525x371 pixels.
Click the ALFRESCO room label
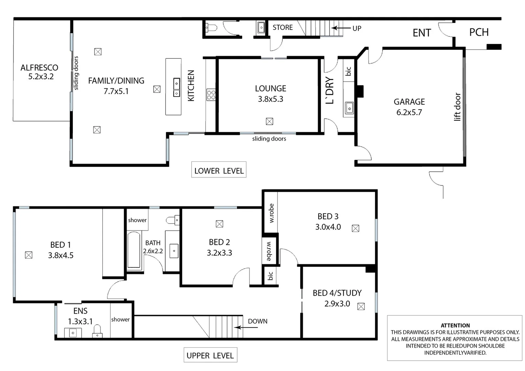point(39,68)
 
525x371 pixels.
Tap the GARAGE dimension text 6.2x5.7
point(409,112)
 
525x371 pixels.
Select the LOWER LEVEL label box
point(219,171)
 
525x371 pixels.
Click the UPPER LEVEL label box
point(210,356)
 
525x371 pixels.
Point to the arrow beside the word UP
point(340,28)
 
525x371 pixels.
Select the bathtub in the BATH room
point(134,250)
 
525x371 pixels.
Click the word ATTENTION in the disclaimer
point(455,325)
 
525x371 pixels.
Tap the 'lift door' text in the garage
point(457,106)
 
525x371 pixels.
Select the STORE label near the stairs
point(282,27)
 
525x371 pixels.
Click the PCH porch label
point(479,32)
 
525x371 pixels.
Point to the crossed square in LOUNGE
point(269,121)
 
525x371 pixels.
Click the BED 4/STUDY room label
point(337,293)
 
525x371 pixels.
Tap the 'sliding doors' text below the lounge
point(269,139)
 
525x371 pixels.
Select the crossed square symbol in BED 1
point(29,255)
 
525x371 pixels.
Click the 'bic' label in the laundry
point(348,71)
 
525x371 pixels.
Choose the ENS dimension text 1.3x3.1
point(80,322)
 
